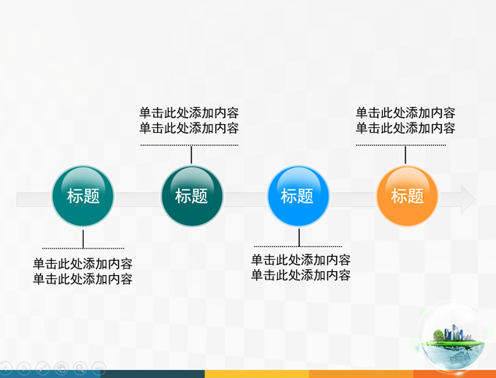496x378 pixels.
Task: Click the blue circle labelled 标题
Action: tap(298, 196)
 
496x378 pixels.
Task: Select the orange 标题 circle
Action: tap(407, 196)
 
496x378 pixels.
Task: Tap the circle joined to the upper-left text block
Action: tap(191, 196)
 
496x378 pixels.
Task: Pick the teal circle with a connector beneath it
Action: tap(83, 196)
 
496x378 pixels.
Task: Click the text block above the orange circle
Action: tap(405, 120)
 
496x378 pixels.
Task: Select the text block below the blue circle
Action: tap(301, 268)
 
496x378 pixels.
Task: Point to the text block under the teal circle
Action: tap(83, 272)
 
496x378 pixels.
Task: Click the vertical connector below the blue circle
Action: tap(299, 237)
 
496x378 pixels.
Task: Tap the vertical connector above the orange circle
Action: tap(405, 155)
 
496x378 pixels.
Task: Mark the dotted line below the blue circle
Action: tap(298, 246)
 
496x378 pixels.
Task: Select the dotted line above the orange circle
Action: tap(401, 145)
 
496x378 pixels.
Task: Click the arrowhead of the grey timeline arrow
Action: tap(468, 200)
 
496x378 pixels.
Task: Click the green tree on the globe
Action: tap(438, 335)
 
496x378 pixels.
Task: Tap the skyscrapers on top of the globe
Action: tap(455, 332)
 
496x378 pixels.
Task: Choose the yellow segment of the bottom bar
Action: tap(256, 374)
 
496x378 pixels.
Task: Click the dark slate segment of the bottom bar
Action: tap(152, 374)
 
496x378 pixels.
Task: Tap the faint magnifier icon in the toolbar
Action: tap(80, 368)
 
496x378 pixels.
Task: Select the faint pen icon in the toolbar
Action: tap(42, 368)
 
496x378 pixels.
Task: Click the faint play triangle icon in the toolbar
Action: tap(23, 368)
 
